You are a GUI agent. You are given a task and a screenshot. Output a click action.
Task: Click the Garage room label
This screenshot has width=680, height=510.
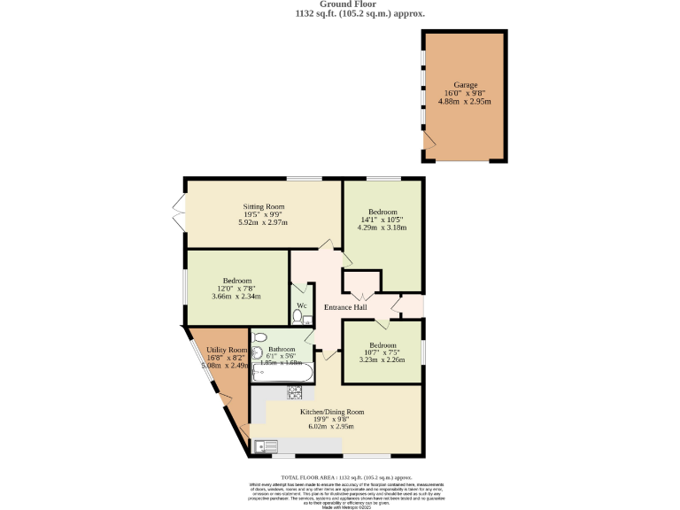pyautogui.click(x=465, y=85)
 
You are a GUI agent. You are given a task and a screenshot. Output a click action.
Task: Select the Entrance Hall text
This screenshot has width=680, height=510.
pyautogui.click(x=345, y=307)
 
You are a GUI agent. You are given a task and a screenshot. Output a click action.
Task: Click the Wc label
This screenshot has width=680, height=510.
pyautogui.click(x=301, y=305)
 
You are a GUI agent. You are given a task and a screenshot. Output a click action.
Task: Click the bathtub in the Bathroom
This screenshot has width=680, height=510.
pyautogui.click(x=279, y=375)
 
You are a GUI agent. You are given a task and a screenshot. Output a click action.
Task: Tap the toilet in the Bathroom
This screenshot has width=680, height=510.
pyautogui.click(x=259, y=337)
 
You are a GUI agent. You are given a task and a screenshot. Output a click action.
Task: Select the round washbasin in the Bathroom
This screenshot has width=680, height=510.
pyautogui.click(x=257, y=352)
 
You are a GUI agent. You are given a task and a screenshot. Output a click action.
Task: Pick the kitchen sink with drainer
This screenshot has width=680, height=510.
pyautogui.click(x=266, y=445)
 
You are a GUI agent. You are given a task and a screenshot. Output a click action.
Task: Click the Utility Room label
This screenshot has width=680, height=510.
pyautogui.click(x=226, y=351)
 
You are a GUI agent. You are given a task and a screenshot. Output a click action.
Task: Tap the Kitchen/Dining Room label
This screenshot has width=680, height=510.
pyautogui.click(x=332, y=412)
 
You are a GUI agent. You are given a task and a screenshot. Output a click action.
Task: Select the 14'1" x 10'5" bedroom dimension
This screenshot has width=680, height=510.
pyautogui.click(x=382, y=220)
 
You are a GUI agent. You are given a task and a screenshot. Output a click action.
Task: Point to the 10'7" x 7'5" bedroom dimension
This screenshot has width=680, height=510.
pyautogui.click(x=382, y=352)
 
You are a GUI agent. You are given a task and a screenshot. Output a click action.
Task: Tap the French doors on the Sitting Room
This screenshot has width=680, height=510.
pyautogui.click(x=178, y=212)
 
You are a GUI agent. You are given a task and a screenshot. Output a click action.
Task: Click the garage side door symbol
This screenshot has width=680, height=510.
pyautogui.click(x=429, y=142)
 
